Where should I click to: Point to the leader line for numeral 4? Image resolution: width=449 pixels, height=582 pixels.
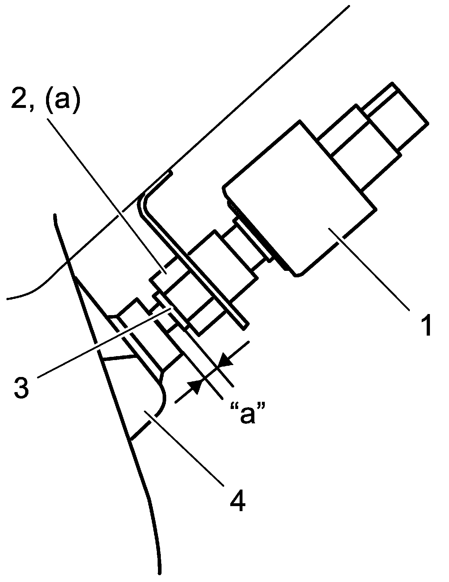(191, 450)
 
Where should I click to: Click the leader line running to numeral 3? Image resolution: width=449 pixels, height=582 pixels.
(101, 345)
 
